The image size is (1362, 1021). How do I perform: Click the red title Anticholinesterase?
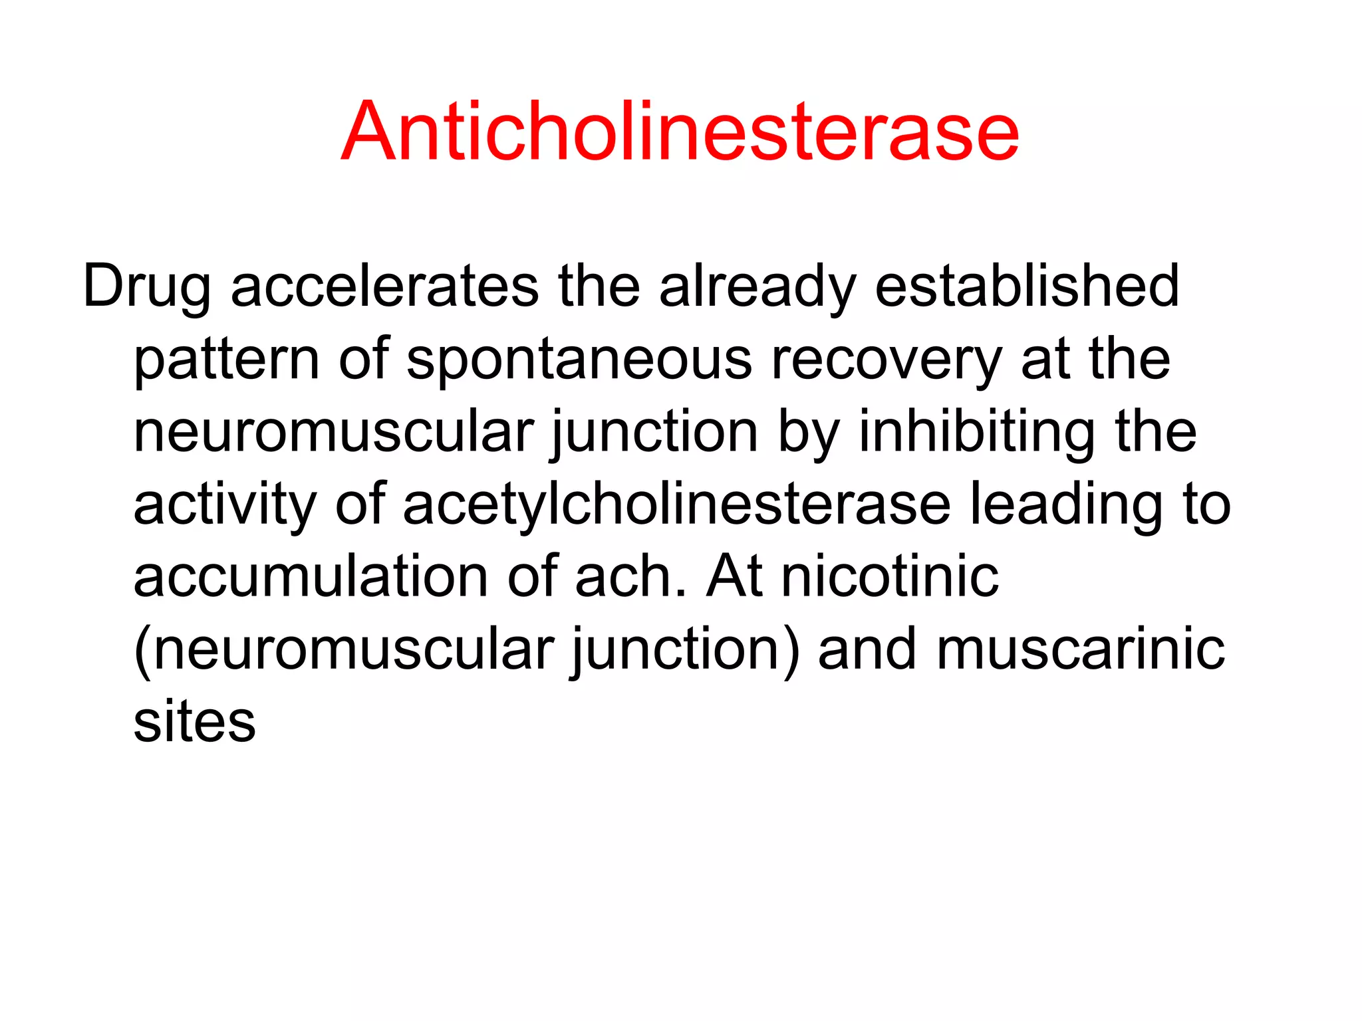pyautogui.click(x=680, y=131)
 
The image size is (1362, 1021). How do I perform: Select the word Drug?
pyautogui.click(x=146, y=287)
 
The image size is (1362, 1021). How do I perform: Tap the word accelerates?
pyautogui.click(x=384, y=286)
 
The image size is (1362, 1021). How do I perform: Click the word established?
pyautogui.click(x=1027, y=286)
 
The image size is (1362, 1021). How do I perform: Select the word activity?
pyautogui.click(x=225, y=505)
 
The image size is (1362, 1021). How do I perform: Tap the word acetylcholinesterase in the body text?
pyautogui.click(x=676, y=505)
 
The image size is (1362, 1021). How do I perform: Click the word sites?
pyautogui.click(x=194, y=722)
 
